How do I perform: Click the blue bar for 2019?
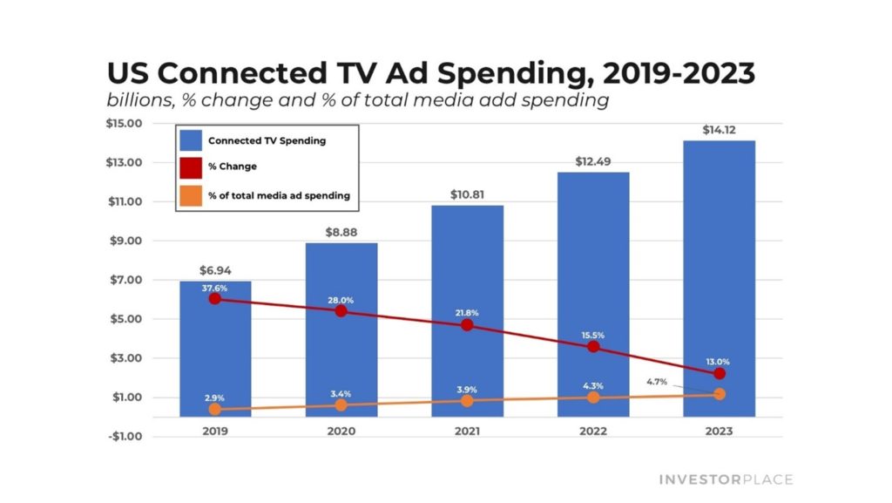pyautogui.click(x=215, y=349)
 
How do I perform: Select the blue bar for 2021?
pyautogui.click(x=468, y=262)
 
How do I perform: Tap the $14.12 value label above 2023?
pyautogui.click(x=720, y=130)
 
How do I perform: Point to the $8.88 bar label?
pyautogui.click(x=341, y=232)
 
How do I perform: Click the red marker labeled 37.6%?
pyautogui.click(x=215, y=299)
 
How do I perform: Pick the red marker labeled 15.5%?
pyautogui.click(x=593, y=346)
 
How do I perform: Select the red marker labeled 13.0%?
pyautogui.click(x=720, y=373)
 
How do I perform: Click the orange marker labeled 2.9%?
pyautogui.click(x=215, y=409)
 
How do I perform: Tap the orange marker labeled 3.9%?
pyautogui.click(x=468, y=400)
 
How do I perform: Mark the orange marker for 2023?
pyautogui.click(x=720, y=394)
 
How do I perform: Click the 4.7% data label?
pyautogui.click(x=658, y=381)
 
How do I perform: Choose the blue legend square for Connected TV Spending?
pyautogui.click(x=192, y=139)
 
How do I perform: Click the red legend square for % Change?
pyautogui.click(x=192, y=167)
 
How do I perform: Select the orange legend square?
pyautogui.click(x=192, y=195)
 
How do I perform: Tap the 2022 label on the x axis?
pyautogui.click(x=593, y=430)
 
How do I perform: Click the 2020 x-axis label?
pyautogui.click(x=341, y=430)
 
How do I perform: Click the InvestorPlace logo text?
pyautogui.click(x=725, y=479)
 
